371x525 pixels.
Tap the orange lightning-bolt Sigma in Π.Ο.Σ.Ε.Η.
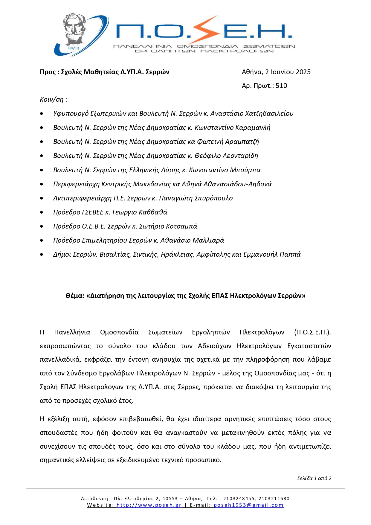[206, 30]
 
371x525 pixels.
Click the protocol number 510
[281, 86]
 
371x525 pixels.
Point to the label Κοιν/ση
[54, 100]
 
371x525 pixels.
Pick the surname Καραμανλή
[253, 128]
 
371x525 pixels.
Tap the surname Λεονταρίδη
[241, 156]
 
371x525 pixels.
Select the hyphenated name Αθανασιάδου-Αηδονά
[237, 184]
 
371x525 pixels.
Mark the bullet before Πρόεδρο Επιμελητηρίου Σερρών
[42, 241]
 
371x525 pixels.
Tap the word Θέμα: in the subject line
[75, 296]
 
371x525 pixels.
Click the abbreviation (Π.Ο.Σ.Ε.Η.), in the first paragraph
[312, 332]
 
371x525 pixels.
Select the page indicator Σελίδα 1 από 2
[314, 478]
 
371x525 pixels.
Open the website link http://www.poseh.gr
[149, 505]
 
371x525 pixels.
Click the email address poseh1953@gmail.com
[248, 505]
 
